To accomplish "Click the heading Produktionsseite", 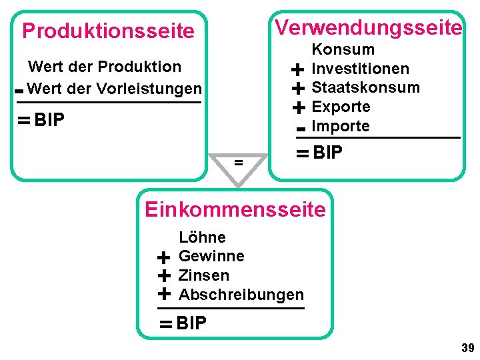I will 108,31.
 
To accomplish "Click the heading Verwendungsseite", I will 369,27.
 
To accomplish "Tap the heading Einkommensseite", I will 235,209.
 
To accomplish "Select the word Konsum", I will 343,49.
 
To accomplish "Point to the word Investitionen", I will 361,69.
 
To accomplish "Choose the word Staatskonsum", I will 366,87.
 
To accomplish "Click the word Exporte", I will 341,107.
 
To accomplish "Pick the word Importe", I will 341,126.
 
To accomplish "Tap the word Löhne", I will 202,237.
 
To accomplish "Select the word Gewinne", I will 211,256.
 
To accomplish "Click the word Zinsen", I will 204,275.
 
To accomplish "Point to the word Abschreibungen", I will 241,295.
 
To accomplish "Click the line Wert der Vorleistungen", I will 115,89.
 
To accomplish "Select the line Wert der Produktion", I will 105,67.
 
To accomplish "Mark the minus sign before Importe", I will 301,127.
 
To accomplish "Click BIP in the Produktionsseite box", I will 49,121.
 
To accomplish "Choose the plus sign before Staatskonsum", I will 298,88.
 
